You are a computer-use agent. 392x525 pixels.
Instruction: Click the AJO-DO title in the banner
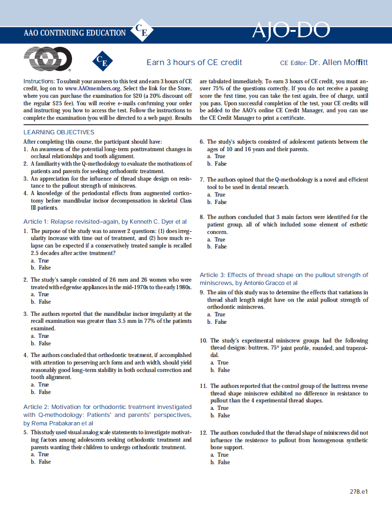(x=290, y=31)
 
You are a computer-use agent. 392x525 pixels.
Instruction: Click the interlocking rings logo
(x=47, y=60)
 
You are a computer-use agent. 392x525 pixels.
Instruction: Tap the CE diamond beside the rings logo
(x=102, y=61)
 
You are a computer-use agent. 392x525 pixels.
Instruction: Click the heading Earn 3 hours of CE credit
(x=194, y=62)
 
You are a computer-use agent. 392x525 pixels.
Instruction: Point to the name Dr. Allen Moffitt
(x=338, y=62)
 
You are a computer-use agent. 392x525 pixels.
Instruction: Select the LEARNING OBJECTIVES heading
(x=58, y=132)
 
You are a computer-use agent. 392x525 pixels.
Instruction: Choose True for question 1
(x=43, y=261)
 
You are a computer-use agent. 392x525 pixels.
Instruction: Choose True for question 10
(x=223, y=363)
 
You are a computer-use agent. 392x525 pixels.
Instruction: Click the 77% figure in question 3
(x=152, y=321)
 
